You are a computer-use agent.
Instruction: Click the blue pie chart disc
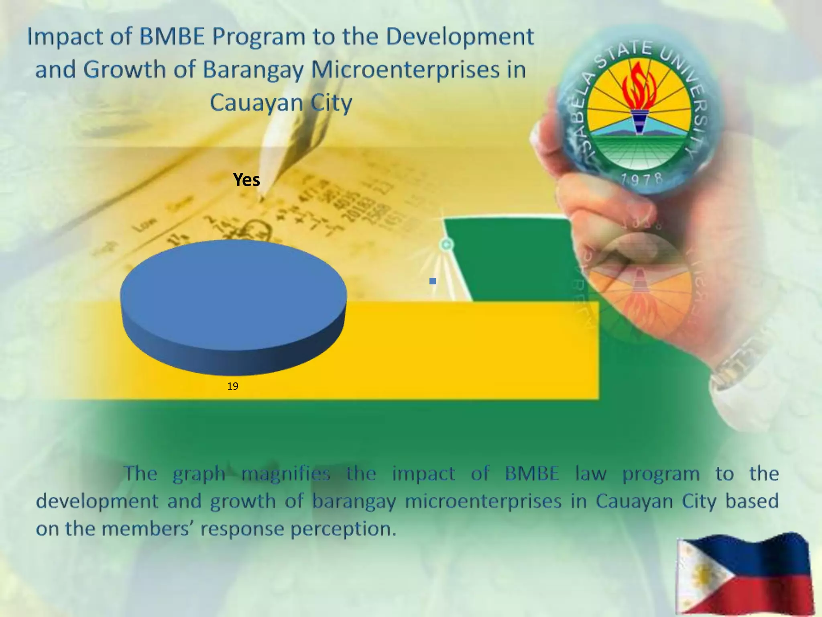(x=233, y=297)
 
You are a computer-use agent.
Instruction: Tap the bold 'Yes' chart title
(x=246, y=180)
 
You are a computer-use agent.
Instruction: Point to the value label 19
(x=233, y=386)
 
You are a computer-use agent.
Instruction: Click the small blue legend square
(x=432, y=281)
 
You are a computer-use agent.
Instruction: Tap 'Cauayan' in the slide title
(x=256, y=102)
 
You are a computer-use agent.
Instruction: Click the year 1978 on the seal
(x=641, y=179)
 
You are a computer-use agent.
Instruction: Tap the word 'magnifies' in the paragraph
(x=286, y=474)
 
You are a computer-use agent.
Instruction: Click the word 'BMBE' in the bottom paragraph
(x=531, y=474)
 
